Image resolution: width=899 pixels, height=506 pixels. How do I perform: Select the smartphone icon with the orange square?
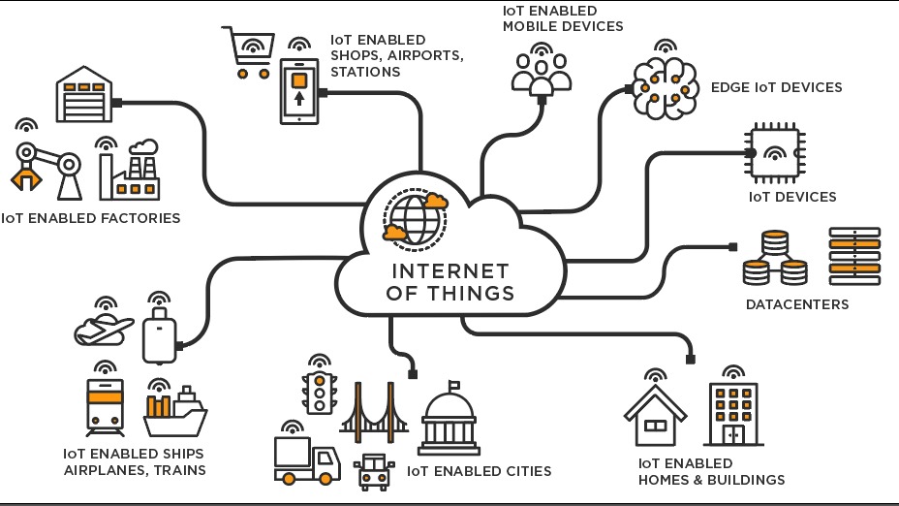pyautogui.click(x=298, y=90)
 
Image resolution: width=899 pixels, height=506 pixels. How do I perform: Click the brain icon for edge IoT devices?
pyautogui.click(x=666, y=88)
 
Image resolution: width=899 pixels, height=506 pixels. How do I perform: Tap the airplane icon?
pyautogui.click(x=105, y=330)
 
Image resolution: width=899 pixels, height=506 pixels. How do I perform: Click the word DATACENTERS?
pyautogui.click(x=796, y=304)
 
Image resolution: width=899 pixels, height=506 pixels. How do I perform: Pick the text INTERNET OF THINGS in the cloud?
pyautogui.click(x=450, y=281)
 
